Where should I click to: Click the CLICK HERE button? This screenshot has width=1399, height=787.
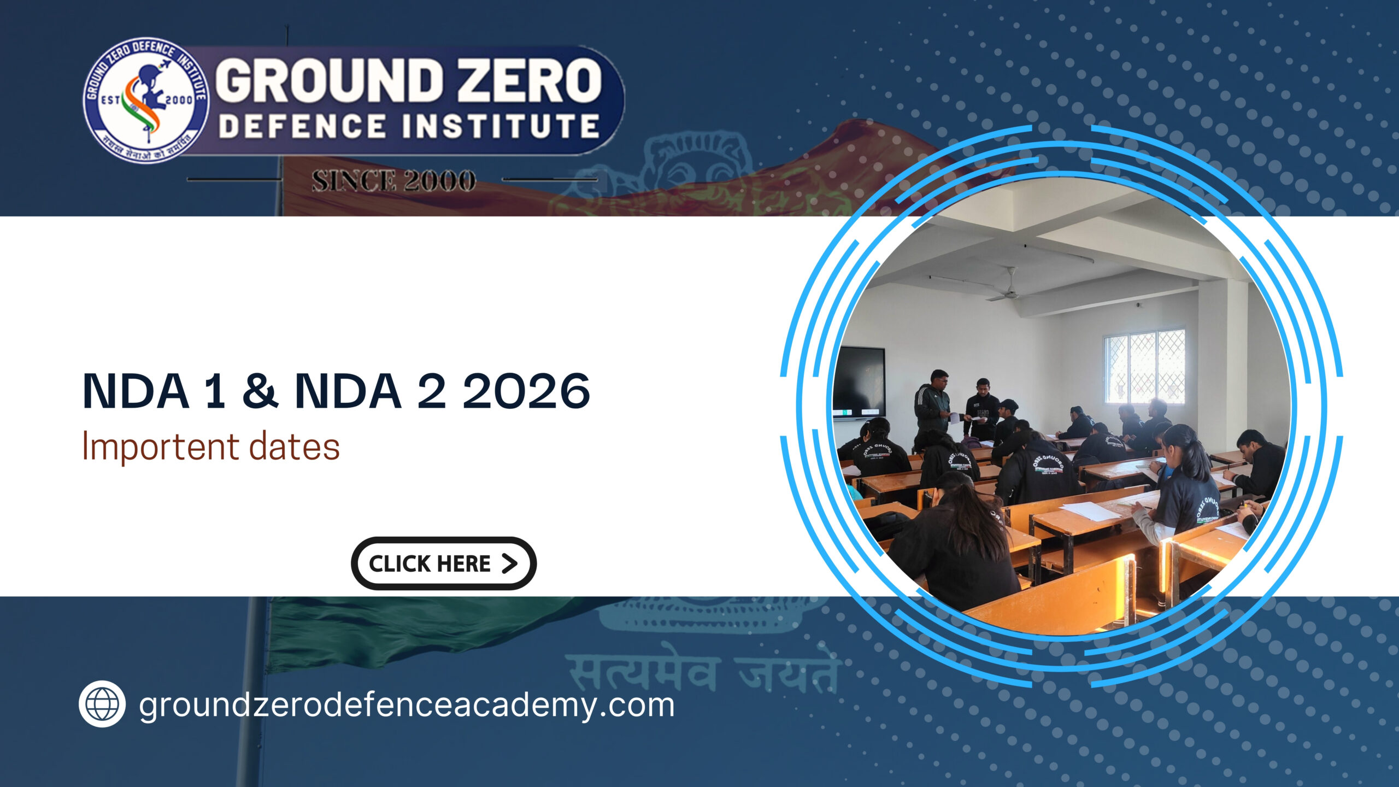[x=443, y=563]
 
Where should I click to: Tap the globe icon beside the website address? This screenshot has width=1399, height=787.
[x=102, y=704]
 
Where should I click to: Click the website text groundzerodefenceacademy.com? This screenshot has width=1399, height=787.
[x=407, y=705]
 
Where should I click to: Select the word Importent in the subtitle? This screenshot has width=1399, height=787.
[x=160, y=447]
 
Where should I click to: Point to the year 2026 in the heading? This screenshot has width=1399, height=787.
[x=526, y=391]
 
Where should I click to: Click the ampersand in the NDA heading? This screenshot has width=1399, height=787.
[x=260, y=391]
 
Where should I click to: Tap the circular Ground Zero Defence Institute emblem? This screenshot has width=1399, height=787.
[x=145, y=101]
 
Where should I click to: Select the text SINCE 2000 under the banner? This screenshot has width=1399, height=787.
[x=393, y=181]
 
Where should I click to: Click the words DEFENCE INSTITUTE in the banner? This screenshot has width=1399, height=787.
[x=409, y=126]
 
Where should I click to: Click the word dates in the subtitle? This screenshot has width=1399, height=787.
[x=295, y=447]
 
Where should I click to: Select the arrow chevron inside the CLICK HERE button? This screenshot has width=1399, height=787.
[x=509, y=563]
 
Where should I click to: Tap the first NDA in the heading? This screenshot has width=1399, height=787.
[x=136, y=391]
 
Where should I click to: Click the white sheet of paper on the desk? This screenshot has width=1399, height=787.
[x=1090, y=511]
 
